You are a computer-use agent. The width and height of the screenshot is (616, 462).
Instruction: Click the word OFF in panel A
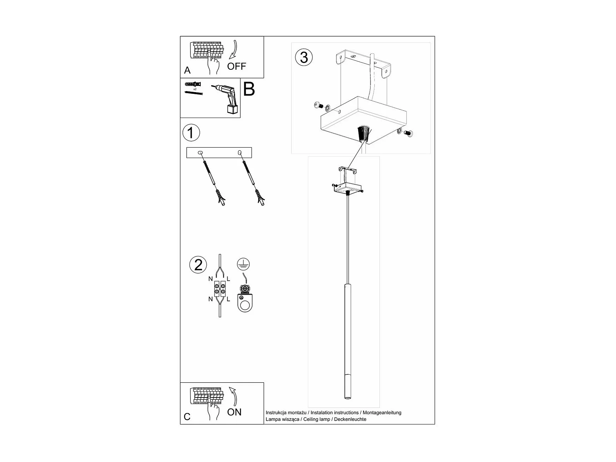237,66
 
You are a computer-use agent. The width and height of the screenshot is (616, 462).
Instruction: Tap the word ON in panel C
234,412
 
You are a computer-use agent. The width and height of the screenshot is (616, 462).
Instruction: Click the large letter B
249,89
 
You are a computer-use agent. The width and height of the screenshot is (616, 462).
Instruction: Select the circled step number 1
191,133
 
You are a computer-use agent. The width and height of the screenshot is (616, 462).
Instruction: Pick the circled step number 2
198,265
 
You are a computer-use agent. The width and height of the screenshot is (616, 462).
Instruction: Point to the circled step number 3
304,57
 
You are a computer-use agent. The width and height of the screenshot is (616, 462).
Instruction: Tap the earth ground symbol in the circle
243,264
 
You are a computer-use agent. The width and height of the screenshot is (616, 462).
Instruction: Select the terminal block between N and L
220,289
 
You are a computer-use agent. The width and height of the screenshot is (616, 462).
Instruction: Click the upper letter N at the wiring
211,279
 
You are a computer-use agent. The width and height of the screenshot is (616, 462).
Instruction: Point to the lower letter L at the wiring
228,299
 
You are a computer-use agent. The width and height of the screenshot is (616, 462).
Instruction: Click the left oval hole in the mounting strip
200,153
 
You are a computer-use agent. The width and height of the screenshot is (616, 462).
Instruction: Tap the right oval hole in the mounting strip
239,153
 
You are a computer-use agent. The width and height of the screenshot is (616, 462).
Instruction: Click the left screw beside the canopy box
318,105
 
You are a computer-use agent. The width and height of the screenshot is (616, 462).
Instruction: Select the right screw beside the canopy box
409,133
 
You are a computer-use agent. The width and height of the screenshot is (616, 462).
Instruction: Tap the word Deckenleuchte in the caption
350,419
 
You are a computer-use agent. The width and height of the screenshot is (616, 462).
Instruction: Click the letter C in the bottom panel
187,417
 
